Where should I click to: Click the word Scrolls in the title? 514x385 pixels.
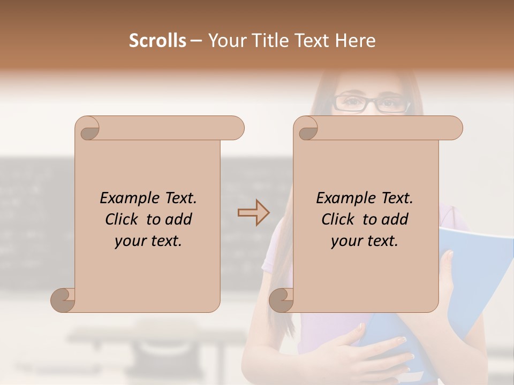(158, 41)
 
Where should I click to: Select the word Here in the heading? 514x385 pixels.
(355, 41)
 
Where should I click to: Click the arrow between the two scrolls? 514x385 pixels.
(253, 213)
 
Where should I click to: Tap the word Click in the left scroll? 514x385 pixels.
(123, 219)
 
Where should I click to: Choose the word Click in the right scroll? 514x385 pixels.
(339, 219)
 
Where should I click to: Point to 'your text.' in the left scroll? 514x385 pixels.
(148, 241)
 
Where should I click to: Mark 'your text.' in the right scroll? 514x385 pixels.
(365, 241)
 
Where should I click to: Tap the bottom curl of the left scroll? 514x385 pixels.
(64, 299)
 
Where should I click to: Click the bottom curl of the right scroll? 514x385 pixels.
(282, 299)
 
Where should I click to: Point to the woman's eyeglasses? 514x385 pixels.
(371, 103)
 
